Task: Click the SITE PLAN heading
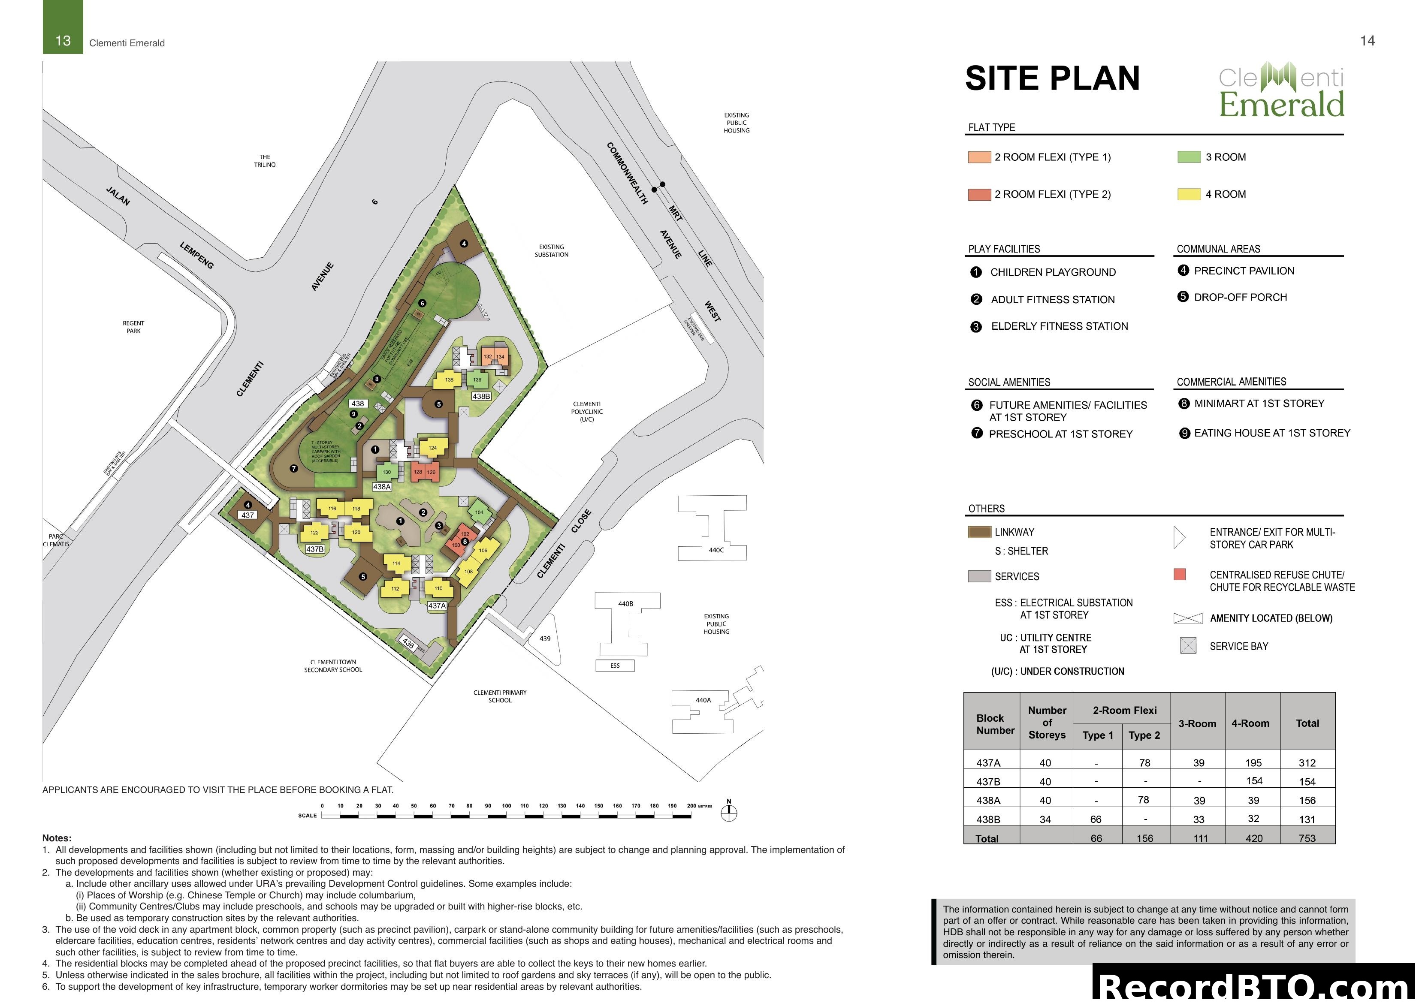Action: [1052, 79]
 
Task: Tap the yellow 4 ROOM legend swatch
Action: [1189, 195]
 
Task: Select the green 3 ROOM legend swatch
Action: [1189, 157]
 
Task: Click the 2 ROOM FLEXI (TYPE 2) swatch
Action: [979, 195]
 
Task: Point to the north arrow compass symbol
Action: [729, 812]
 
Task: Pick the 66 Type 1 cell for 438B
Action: [1096, 819]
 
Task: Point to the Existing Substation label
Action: [551, 251]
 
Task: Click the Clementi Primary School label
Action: [500, 696]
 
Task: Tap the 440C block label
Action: [716, 550]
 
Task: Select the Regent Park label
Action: [133, 327]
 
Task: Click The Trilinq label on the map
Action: [265, 161]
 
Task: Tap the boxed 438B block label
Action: [481, 396]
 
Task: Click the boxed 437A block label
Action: [437, 605]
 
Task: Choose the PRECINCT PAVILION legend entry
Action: [1244, 271]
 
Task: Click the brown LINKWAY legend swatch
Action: [979, 532]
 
